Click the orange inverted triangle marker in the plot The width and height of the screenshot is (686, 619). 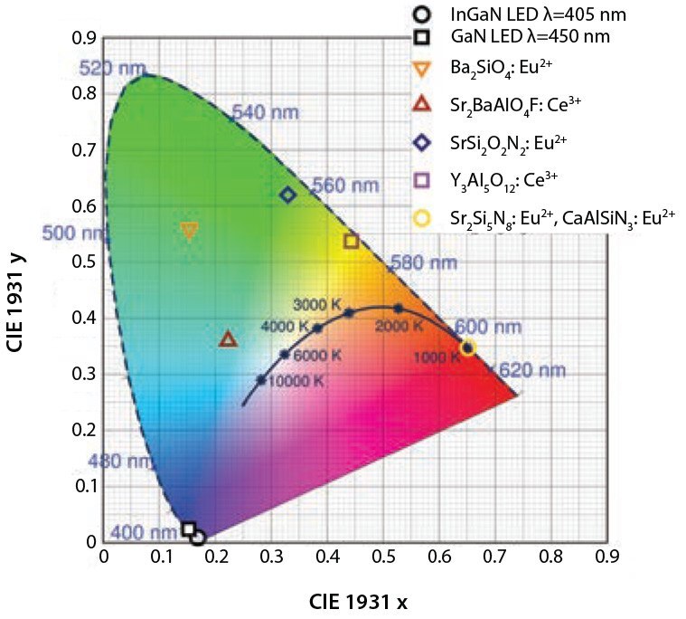coord(189,231)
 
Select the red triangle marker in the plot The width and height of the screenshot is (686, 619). coord(228,339)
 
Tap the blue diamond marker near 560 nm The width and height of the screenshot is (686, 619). coord(288,195)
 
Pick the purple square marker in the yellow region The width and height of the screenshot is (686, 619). coord(352,241)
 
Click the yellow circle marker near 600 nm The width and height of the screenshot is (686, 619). coord(467,348)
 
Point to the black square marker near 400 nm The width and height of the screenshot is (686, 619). coord(188,529)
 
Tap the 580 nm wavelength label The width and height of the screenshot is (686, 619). coord(418,263)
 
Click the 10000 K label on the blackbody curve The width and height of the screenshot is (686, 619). coord(295,382)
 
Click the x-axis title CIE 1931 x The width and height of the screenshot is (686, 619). coord(362,601)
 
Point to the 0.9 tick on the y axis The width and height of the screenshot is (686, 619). coord(86,39)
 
